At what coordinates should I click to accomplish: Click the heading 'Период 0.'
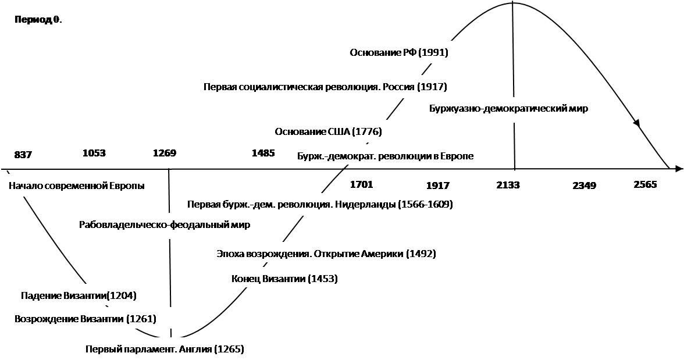(x=38, y=20)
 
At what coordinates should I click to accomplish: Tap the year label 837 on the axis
(x=23, y=155)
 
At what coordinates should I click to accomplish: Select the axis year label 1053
(x=94, y=153)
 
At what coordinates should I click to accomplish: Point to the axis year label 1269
(x=165, y=153)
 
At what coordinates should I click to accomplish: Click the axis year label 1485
(x=263, y=153)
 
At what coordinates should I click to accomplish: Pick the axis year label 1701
(x=361, y=184)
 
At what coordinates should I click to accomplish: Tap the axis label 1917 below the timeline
(x=437, y=186)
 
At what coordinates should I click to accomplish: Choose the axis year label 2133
(x=508, y=185)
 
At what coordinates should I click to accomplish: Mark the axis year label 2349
(x=584, y=186)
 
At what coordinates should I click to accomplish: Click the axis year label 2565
(x=645, y=184)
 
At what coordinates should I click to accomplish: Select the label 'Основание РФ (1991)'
(x=399, y=52)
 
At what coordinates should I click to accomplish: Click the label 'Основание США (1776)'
(x=328, y=132)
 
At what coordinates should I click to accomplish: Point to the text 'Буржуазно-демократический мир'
(x=508, y=108)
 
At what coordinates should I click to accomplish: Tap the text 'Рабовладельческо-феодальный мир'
(x=165, y=224)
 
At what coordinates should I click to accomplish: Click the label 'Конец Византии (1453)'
(x=284, y=279)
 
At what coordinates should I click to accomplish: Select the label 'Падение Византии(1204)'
(x=79, y=295)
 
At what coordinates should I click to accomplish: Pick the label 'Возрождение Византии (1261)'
(x=86, y=318)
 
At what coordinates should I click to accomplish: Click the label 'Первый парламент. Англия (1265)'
(x=165, y=349)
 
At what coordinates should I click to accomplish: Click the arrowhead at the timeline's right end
(x=679, y=169)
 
